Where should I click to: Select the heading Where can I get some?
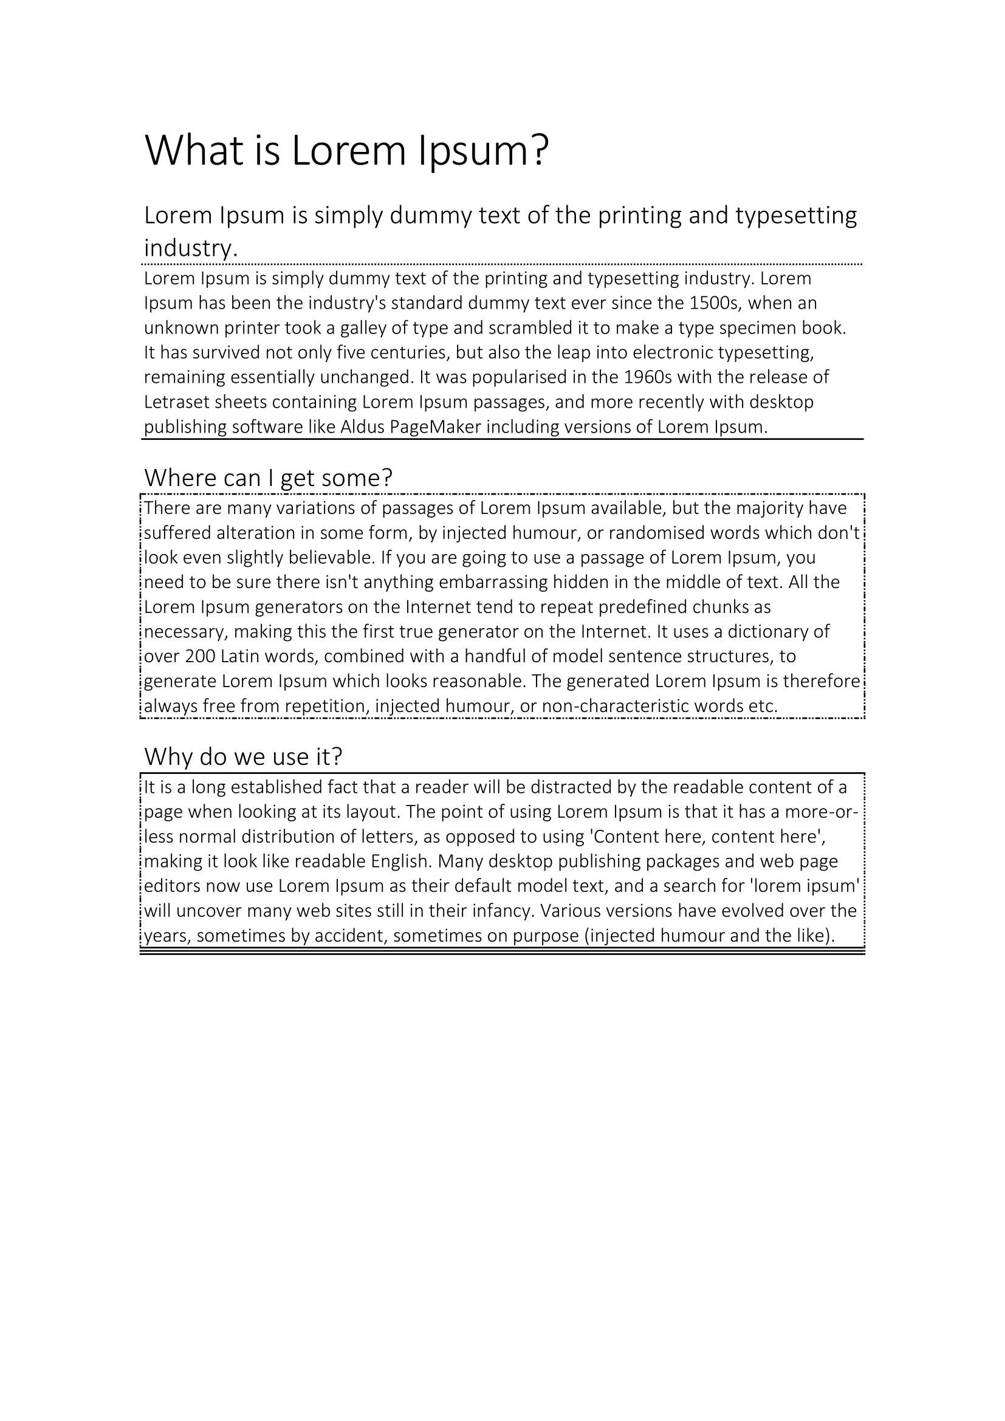(x=268, y=478)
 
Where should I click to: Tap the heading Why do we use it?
(x=243, y=756)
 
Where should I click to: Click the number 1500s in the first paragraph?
(x=715, y=303)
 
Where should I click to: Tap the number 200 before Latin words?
(x=200, y=656)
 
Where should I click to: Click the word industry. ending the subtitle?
(x=191, y=248)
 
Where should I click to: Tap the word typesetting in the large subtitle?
(x=796, y=216)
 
